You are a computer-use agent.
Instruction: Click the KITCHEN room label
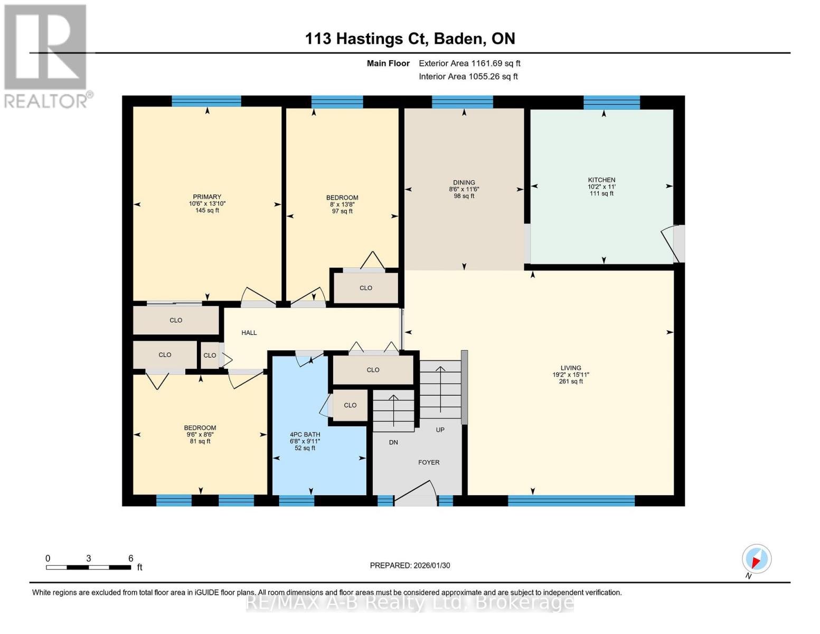[x=601, y=180]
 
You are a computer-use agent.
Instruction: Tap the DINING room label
[x=464, y=182]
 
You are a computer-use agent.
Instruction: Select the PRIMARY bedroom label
[x=207, y=197]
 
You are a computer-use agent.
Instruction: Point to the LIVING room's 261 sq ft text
[x=571, y=381]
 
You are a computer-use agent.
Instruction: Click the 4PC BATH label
[x=305, y=434]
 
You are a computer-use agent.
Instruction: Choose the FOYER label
[x=429, y=462]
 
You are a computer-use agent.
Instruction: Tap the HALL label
[x=249, y=333]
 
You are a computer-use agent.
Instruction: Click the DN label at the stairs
[x=393, y=442]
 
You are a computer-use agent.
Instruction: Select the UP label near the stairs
[x=440, y=430]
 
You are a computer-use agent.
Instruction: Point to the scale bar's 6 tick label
[x=130, y=558]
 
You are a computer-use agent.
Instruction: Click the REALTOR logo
[x=46, y=55]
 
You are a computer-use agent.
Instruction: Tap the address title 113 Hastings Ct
[x=410, y=39]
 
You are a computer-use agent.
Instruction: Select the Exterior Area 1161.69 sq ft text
[x=469, y=63]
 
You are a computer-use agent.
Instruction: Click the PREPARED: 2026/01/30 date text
[x=410, y=565]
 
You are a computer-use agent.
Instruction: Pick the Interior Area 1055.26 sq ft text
[x=468, y=77]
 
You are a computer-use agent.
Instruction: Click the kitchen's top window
[x=611, y=102]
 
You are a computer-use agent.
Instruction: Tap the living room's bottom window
[x=571, y=501]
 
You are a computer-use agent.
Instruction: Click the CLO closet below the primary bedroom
[x=176, y=320]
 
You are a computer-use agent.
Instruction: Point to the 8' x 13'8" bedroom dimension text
[x=342, y=204]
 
